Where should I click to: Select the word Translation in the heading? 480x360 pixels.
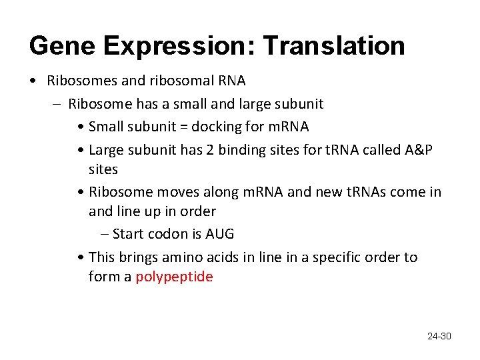(333, 46)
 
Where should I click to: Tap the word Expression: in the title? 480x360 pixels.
(179, 46)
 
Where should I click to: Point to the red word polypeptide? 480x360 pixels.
(174, 277)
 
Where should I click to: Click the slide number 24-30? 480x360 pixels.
(439, 336)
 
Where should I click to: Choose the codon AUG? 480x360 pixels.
(219, 234)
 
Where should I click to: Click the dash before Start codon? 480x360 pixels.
(105, 234)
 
